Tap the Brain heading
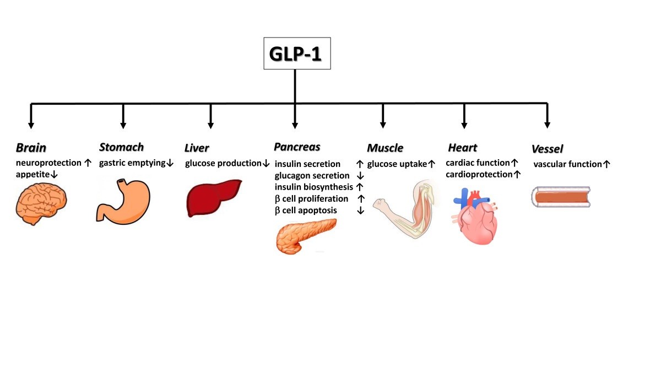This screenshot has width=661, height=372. [x=31, y=148]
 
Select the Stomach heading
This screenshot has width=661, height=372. [x=121, y=147]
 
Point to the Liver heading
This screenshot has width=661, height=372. [x=197, y=148]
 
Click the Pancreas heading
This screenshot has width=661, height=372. [x=297, y=147]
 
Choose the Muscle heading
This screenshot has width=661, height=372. [x=385, y=148]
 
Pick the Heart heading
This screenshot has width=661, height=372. [x=462, y=148]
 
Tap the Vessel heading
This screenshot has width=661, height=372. [x=547, y=148]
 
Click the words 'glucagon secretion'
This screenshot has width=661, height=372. [x=312, y=175]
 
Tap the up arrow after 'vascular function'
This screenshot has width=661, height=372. [x=606, y=164]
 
